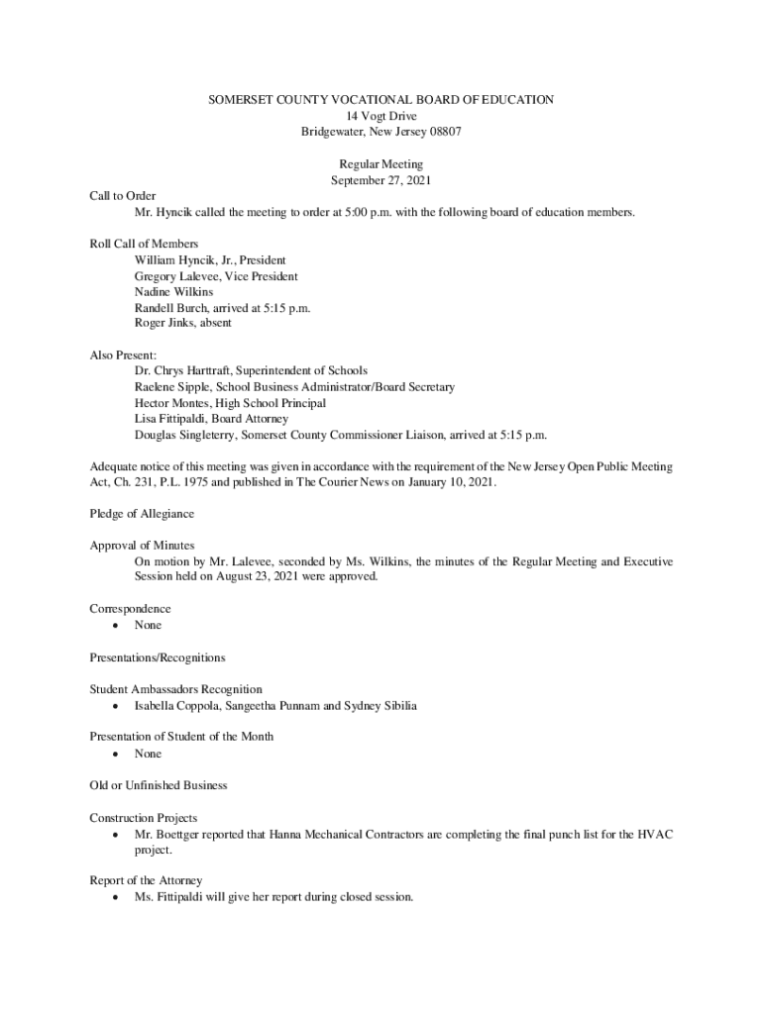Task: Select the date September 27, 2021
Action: (381, 180)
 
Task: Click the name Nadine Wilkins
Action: (173, 292)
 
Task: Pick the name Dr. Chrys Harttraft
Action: (182, 371)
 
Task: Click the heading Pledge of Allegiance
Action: (142, 514)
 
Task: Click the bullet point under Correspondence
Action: (118, 626)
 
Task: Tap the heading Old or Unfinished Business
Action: (158, 785)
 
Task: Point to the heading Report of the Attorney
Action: (146, 880)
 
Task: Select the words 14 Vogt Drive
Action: (381, 116)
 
